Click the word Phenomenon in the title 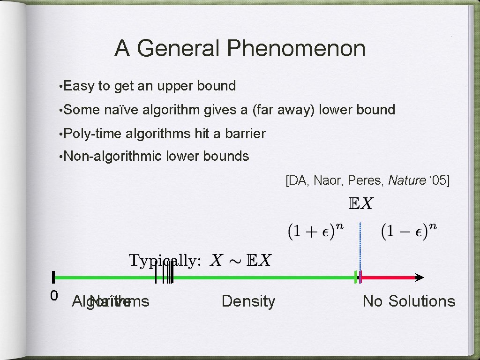[x=296, y=49]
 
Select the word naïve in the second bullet [x=120, y=110]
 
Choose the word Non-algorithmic [x=112, y=156]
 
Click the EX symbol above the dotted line [x=360, y=204]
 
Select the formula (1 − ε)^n [x=409, y=231]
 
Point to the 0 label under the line [x=54, y=295]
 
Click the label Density [x=248, y=301]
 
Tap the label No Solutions [x=409, y=301]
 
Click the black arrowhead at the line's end [x=419, y=277]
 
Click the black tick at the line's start [x=54, y=277]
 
